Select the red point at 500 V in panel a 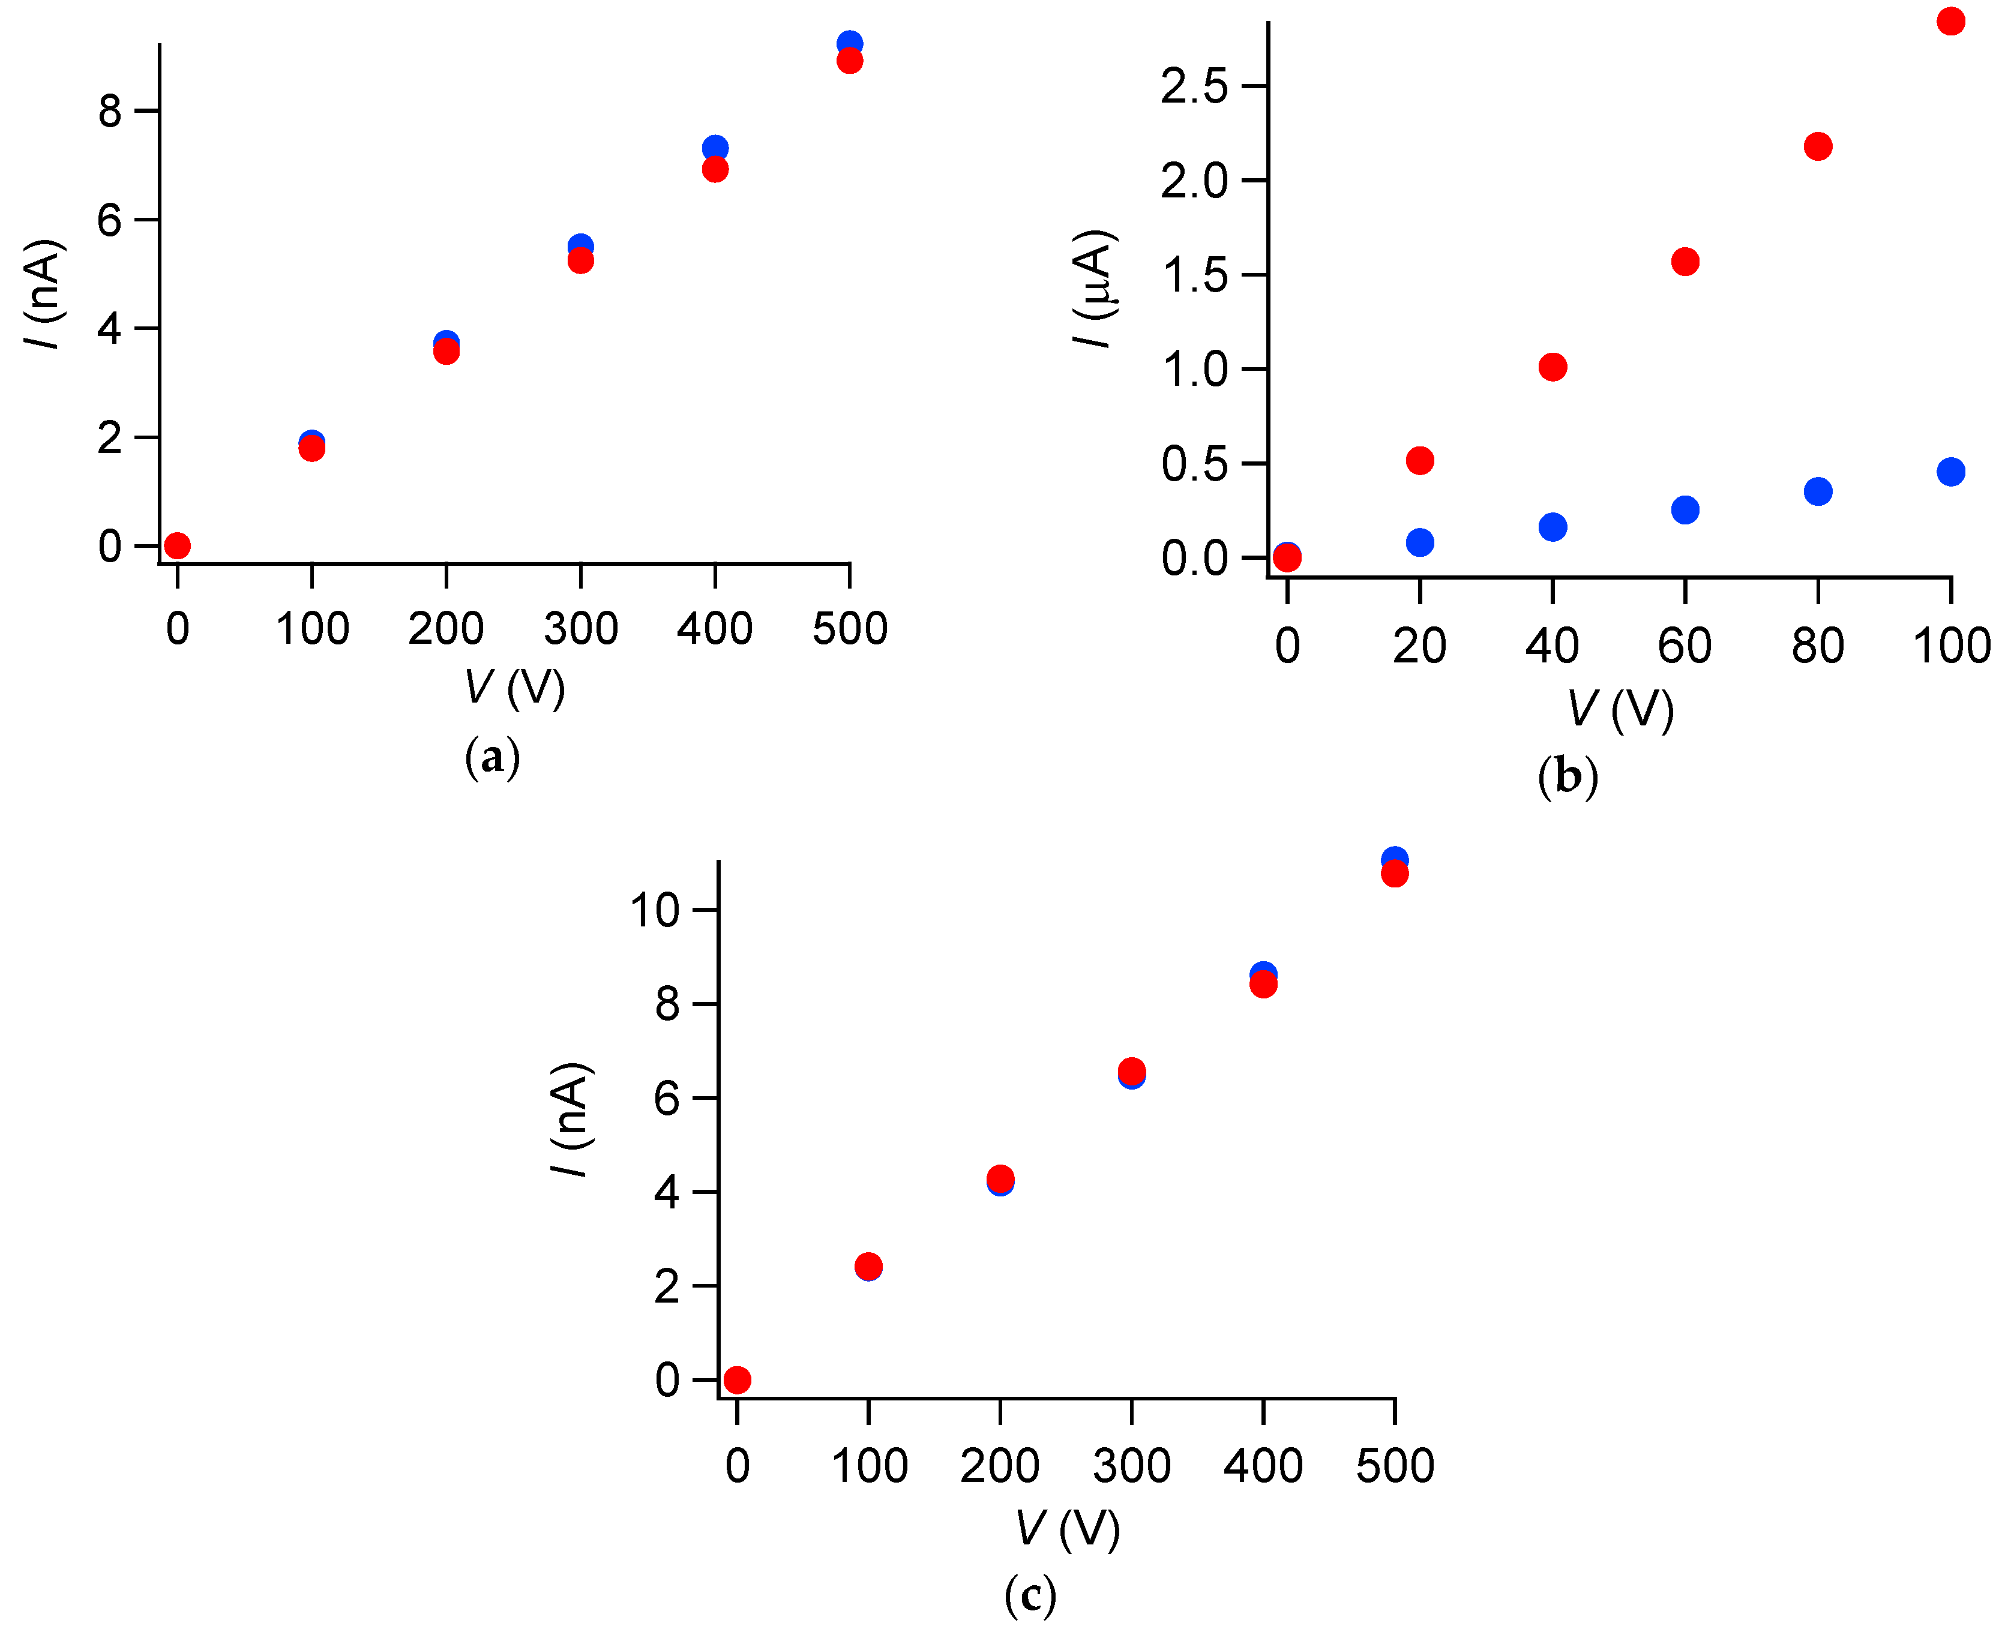pos(849,61)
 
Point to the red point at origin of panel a pos(177,545)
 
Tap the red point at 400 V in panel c pos(1263,985)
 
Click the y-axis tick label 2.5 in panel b pos(1193,87)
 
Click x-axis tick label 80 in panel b pos(1817,646)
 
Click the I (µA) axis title pos(1094,287)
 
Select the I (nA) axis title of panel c pos(570,1119)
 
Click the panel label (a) pos(491,757)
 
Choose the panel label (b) pos(1567,778)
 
